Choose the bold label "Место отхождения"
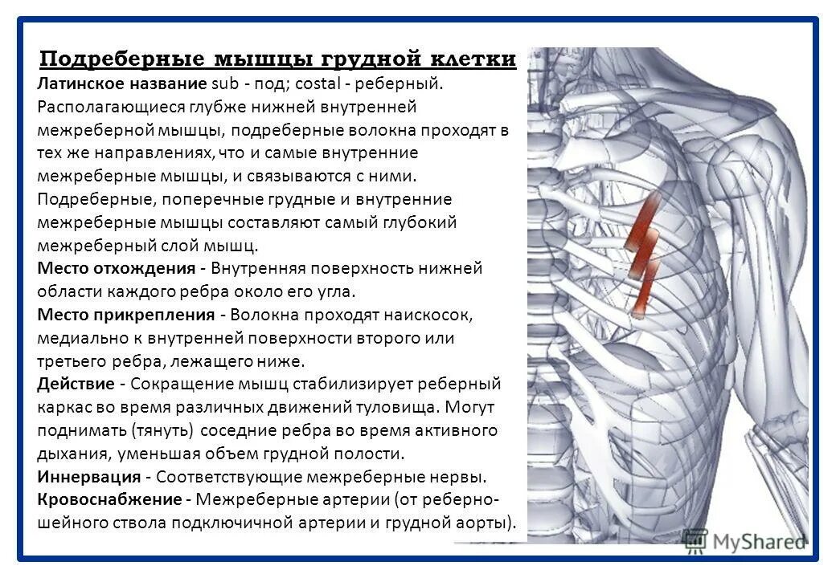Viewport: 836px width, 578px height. [116, 268]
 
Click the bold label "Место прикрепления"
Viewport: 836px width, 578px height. [125, 315]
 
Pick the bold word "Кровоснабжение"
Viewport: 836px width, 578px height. [109, 499]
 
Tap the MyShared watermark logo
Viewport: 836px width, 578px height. [744, 540]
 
